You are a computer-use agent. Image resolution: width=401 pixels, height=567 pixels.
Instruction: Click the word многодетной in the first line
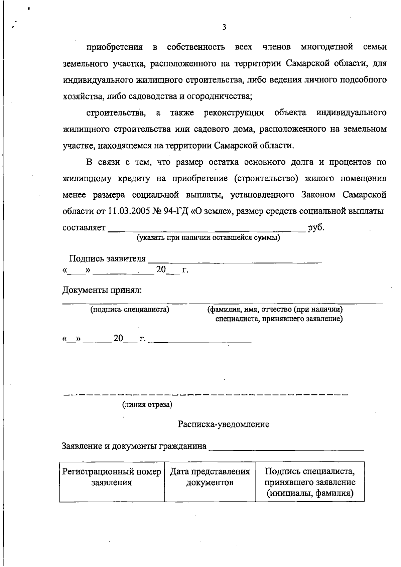coord(327,47)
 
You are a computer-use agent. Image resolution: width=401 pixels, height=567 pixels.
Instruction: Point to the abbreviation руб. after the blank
coord(316,228)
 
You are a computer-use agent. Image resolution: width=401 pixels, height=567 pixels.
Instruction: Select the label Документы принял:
coord(102,290)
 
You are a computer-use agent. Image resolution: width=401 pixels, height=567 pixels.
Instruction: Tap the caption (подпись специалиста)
coord(130,310)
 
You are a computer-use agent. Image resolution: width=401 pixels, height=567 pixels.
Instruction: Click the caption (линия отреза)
coord(147,405)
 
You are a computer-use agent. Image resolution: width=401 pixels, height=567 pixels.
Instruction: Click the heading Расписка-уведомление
coord(224,424)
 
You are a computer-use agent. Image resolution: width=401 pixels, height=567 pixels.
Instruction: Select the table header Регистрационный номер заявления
coord(112,477)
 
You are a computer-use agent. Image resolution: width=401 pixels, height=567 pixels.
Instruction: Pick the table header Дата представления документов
coord(210,477)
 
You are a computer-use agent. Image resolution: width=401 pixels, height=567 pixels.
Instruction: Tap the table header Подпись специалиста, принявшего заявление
coord(310,482)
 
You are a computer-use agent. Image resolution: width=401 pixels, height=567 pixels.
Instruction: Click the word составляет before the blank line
coord(84,228)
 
